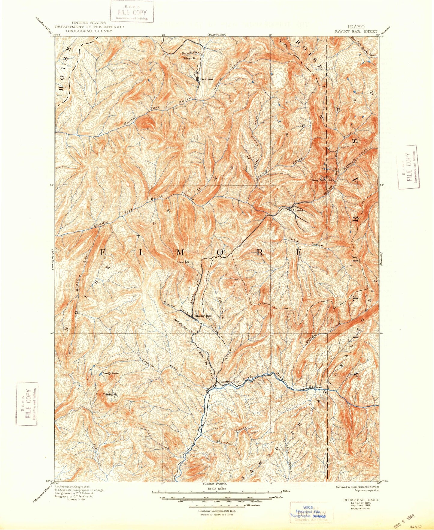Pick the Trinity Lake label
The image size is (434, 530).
pyautogui.click(x=110, y=373)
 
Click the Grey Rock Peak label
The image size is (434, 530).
pyautogui.click(x=323, y=180)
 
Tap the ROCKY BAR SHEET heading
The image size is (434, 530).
pyautogui.click(x=356, y=31)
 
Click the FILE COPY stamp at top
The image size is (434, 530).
pyautogui.click(x=132, y=13)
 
